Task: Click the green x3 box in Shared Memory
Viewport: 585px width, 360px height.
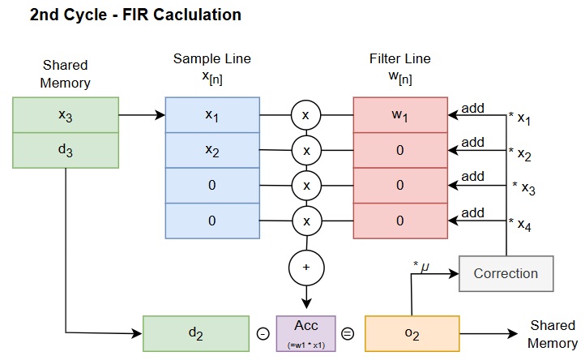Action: pyautogui.click(x=66, y=114)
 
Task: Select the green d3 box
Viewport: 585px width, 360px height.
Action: pyautogui.click(x=66, y=150)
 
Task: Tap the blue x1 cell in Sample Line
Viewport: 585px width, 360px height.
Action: pyautogui.click(x=212, y=115)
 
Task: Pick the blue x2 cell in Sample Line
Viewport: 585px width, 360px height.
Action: pyautogui.click(x=212, y=150)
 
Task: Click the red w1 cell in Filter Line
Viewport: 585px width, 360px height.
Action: pyautogui.click(x=399, y=115)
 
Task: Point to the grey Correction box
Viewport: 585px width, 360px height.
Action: pyautogui.click(x=506, y=273)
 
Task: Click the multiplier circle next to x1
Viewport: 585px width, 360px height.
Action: pyautogui.click(x=306, y=116)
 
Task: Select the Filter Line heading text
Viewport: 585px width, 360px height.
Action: pyautogui.click(x=399, y=58)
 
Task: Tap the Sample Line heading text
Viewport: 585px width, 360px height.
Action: pyautogui.click(x=212, y=58)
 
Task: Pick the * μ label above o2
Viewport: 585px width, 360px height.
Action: pyautogui.click(x=421, y=266)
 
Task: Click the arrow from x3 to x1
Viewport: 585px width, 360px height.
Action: pyautogui.click(x=142, y=115)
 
